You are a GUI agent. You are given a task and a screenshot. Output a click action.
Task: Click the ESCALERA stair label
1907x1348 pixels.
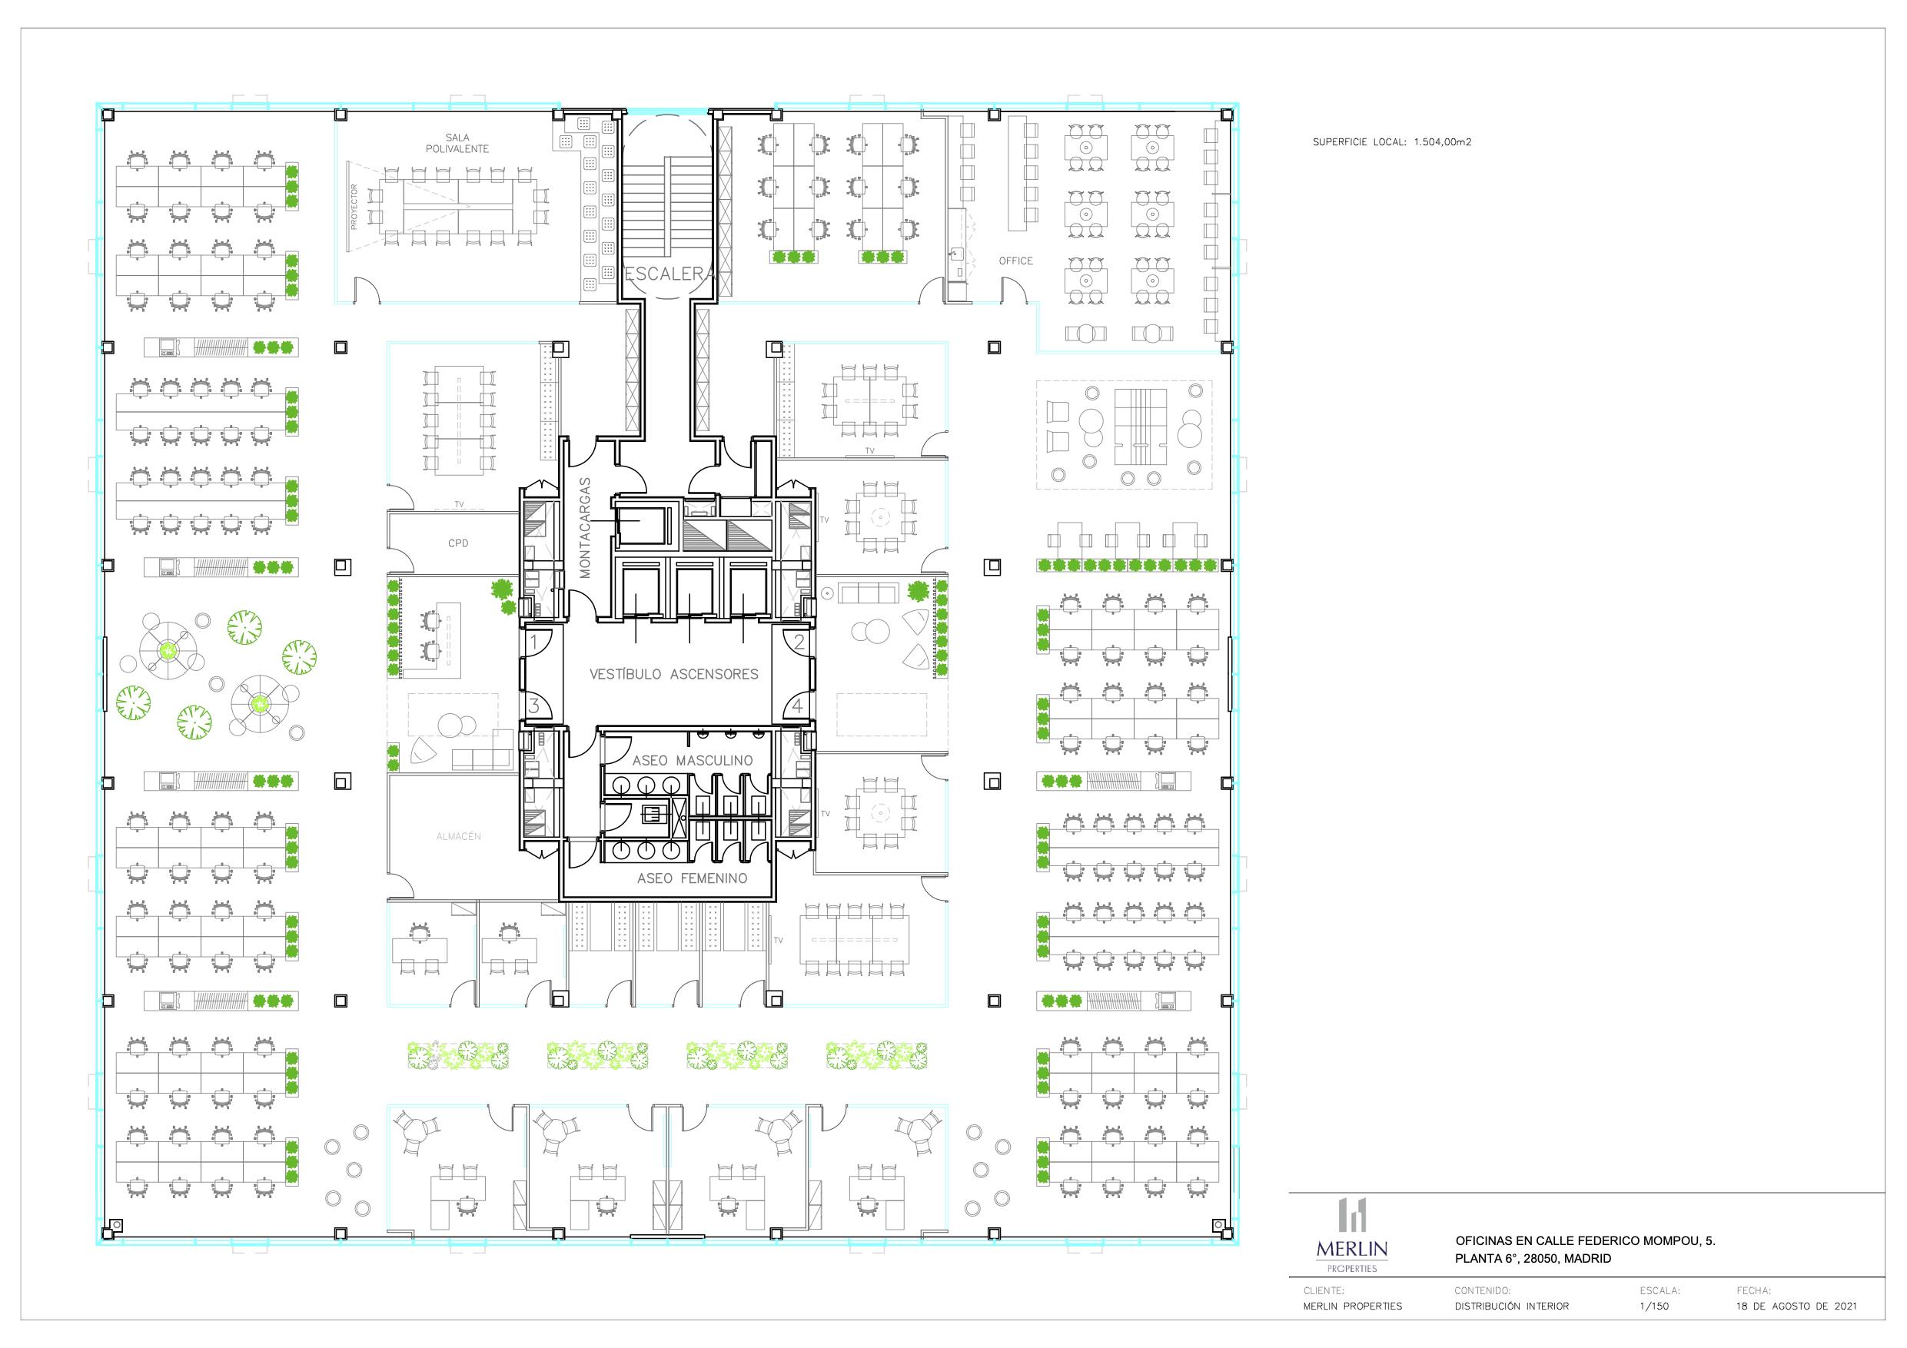click(x=669, y=274)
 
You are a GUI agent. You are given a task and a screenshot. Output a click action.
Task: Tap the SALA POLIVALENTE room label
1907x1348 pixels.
click(x=457, y=144)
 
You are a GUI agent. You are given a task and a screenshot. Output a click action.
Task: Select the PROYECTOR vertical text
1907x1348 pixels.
click(x=354, y=207)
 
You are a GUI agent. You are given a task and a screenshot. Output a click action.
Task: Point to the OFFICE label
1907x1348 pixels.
click(x=1016, y=261)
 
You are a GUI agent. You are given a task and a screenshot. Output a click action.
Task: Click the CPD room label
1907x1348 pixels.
click(x=457, y=543)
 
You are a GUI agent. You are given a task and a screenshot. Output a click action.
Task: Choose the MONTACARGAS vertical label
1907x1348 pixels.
click(x=585, y=527)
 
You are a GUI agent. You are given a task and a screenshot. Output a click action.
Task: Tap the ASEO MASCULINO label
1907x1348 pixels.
click(x=693, y=761)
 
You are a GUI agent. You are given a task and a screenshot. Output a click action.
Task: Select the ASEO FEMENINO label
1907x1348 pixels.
click(x=693, y=878)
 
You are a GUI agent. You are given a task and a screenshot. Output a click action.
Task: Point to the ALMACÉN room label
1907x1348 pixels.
click(x=458, y=836)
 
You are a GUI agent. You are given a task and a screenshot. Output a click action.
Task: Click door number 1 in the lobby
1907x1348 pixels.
click(x=535, y=642)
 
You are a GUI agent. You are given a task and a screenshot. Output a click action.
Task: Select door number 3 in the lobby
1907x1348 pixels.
click(x=535, y=707)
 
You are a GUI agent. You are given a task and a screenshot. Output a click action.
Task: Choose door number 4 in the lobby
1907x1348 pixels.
click(x=798, y=707)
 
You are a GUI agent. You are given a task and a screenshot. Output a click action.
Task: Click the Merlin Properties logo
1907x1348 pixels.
click(x=1351, y=1235)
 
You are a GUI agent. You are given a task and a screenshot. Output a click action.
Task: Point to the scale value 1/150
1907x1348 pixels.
click(x=1653, y=1306)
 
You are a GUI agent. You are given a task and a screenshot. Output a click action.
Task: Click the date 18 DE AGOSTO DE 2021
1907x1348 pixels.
click(x=1796, y=1306)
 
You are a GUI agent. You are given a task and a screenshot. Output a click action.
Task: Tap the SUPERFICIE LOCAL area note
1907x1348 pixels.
click(x=1392, y=142)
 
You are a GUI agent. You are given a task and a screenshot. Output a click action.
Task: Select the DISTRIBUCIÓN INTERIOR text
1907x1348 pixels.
click(x=1512, y=1306)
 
